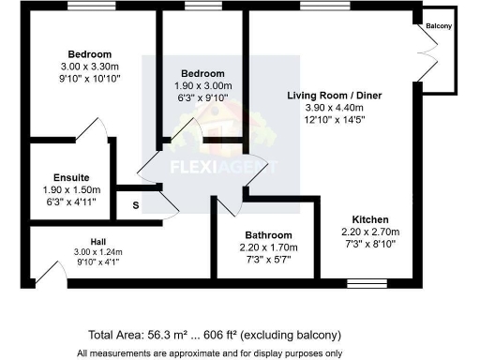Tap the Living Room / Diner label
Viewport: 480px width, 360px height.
click(x=335, y=96)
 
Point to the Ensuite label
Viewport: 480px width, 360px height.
click(x=71, y=177)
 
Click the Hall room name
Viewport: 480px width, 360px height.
click(x=97, y=240)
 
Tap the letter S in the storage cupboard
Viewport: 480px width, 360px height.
click(x=135, y=204)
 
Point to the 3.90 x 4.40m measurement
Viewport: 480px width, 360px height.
click(x=335, y=109)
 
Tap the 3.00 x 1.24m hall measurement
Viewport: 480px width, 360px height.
click(x=97, y=251)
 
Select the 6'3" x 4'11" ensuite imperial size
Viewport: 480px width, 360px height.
click(x=71, y=202)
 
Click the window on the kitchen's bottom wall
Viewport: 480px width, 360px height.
click(x=360, y=282)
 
